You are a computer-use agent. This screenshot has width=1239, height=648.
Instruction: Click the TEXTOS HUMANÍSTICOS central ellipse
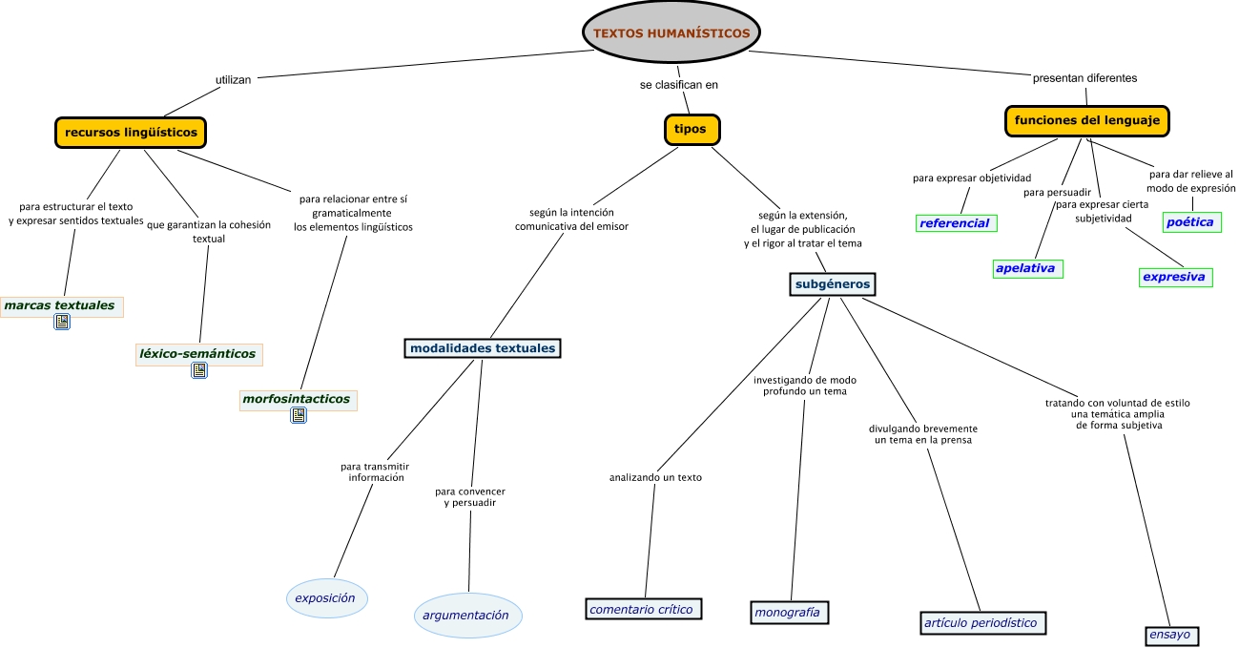pyautogui.click(x=671, y=32)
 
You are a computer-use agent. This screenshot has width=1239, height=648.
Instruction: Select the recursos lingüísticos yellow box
pyautogui.click(x=132, y=132)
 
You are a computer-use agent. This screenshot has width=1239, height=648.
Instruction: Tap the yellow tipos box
pyautogui.click(x=691, y=130)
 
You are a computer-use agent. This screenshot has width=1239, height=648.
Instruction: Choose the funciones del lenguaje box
pyautogui.click(x=1087, y=121)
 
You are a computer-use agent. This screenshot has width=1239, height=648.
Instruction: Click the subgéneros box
pyautogui.click(x=833, y=283)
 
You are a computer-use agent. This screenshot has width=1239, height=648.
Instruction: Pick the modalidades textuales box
pyautogui.click(x=483, y=348)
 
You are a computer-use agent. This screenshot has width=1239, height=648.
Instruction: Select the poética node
pyautogui.click(x=1191, y=221)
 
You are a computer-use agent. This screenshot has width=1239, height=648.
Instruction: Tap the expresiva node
pyautogui.click(x=1174, y=277)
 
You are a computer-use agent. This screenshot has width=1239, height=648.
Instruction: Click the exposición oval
pyautogui.click(x=325, y=598)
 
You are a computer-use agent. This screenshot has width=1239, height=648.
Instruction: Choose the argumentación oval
pyautogui.click(x=466, y=616)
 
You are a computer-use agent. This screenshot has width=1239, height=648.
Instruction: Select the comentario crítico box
pyautogui.click(x=643, y=609)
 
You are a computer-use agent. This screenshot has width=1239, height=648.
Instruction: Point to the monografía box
pyautogui.click(x=787, y=612)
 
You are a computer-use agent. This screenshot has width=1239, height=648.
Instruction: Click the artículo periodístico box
pyautogui.click(x=981, y=622)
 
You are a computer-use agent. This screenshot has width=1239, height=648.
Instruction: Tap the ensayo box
pyautogui.click(x=1169, y=635)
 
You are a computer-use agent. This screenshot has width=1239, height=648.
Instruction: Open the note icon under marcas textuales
pyautogui.click(x=62, y=323)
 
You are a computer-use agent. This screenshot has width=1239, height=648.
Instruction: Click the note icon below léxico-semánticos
pyautogui.click(x=199, y=370)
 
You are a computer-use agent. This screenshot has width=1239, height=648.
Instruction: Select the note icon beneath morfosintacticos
pyautogui.click(x=299, y=415)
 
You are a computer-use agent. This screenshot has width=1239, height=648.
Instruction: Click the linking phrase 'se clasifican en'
pyautogui.click(x=678, y=84)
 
